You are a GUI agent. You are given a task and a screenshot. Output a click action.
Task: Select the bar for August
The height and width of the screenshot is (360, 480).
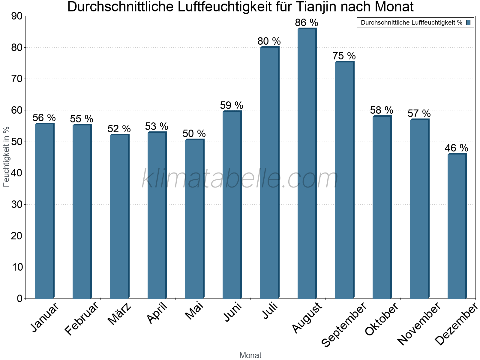[307, 163]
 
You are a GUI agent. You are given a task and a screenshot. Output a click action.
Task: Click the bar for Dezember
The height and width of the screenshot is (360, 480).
[457, 226]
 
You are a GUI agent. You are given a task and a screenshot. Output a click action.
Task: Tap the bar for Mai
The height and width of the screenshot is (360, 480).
[194, 219]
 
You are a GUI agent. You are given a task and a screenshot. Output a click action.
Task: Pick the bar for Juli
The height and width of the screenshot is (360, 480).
[269, 172]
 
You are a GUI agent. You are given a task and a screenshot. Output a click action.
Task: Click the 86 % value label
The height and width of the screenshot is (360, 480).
[306, 23]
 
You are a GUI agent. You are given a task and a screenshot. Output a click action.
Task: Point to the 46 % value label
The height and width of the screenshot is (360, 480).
[456, 148]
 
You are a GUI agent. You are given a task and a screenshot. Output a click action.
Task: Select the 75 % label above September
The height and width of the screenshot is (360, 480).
[344, 56]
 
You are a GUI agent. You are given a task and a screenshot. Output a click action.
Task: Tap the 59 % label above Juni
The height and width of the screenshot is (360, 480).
[231, 106]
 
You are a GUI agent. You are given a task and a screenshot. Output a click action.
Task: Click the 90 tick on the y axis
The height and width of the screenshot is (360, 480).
[17, 16]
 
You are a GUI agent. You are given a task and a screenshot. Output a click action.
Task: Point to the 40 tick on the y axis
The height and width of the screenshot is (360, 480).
[17, 173]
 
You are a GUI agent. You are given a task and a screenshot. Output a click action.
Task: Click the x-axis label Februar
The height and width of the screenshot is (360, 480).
[82, 319]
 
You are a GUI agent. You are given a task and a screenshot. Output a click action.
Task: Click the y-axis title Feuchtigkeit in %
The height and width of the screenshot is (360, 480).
[6, 157]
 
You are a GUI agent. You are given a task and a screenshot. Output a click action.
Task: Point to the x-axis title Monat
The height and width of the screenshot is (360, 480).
[250, 355]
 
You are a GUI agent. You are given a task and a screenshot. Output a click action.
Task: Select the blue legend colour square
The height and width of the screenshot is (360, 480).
[468, 22]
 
